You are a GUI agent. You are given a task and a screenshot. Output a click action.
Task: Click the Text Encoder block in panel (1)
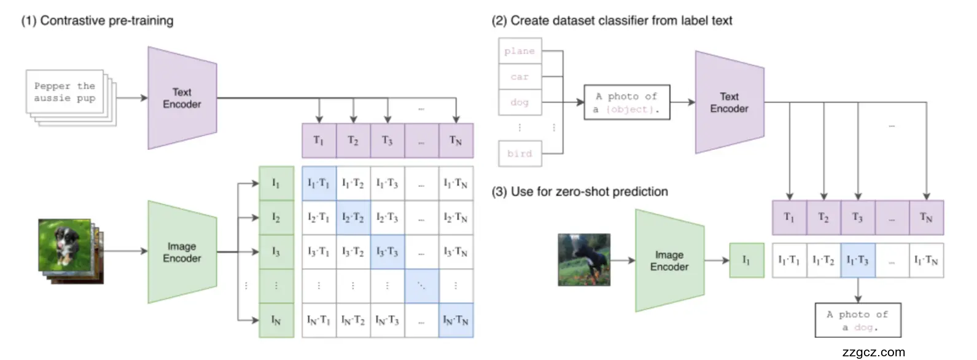(x=182, y=98)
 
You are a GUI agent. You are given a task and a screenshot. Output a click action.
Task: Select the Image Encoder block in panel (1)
(x=182, y=252)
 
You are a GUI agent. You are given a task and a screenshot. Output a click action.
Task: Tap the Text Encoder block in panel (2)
(x=729, y=103)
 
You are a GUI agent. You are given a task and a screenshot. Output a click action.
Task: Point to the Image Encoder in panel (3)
(x=669, y=260)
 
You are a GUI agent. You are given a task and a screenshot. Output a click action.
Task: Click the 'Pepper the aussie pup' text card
(x=64, y=92)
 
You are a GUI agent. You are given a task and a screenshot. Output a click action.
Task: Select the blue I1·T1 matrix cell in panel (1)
(x=319, y=184)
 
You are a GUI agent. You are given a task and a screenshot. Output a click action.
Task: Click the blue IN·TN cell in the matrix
(x=456, y=320)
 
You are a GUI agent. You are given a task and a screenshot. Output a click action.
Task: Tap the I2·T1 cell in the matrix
(x=319, y=217)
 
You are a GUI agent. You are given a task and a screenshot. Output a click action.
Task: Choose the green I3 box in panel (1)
(x=276, y=252)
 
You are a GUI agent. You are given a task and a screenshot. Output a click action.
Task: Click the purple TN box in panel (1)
(x=456, y=141)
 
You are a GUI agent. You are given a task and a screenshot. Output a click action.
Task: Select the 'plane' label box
(x=520, y=51)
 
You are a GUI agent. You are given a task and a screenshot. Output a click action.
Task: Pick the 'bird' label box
(x=520, y=154)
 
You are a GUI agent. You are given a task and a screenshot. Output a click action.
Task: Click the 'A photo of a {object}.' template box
(x=626, y=103)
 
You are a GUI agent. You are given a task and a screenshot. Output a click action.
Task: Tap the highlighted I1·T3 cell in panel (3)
(x=857, y=260)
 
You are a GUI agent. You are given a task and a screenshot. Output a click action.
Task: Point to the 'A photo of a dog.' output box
(x=857, y=320)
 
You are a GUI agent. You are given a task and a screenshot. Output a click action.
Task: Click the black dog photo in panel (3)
(x=584, y=260)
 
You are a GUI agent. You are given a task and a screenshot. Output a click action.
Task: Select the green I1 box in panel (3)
(x=746, y=260)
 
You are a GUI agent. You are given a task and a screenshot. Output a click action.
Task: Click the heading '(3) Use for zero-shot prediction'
(x=579, y=192)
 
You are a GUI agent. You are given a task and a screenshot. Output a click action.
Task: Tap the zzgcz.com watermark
(x=873, y=352)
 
